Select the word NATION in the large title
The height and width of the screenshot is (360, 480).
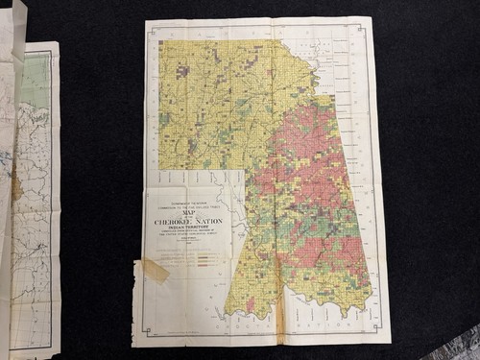[x=211, y=222]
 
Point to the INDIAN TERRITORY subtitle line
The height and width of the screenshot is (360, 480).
[x=190, y=230]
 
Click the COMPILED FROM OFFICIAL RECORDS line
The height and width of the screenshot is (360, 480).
[x=190, y=237]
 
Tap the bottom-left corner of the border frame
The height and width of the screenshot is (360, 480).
[x=136, y=341]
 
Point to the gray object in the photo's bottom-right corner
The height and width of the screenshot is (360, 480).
[x=466, y=346]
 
